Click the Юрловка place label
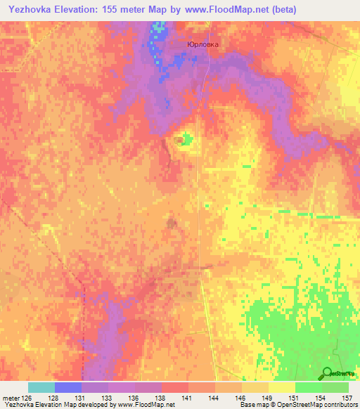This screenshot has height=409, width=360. click(x=203, y=44)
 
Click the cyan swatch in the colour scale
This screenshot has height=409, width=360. click(x=41, y=387)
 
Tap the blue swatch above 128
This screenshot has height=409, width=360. click(x=68, y=387)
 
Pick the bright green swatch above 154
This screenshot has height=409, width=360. click(x=309, y=387)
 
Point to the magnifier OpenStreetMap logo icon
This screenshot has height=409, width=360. click(x=326, y=373)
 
